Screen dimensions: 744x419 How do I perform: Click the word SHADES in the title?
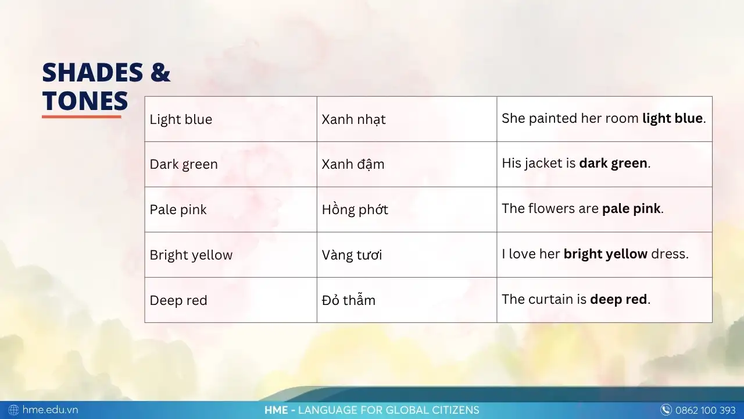click(x=92, y=73)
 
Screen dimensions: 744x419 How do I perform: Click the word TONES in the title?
click(x=85, y=101)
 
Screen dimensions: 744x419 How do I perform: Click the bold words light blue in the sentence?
click(x=673, y=118)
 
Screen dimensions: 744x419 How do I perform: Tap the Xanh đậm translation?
click(x=353, y=164)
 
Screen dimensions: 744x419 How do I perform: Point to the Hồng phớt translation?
click(x=355, y=210)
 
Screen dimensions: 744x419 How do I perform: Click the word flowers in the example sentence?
click(x=552, y=208)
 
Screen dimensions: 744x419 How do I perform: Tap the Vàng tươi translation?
click(x=352, y=255)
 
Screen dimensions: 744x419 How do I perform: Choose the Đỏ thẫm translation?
click(x=348, y=300)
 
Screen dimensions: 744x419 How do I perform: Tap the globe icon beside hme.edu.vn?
click(x=13, y=410)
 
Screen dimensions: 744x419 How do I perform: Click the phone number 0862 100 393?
click(x=705, y=410)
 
